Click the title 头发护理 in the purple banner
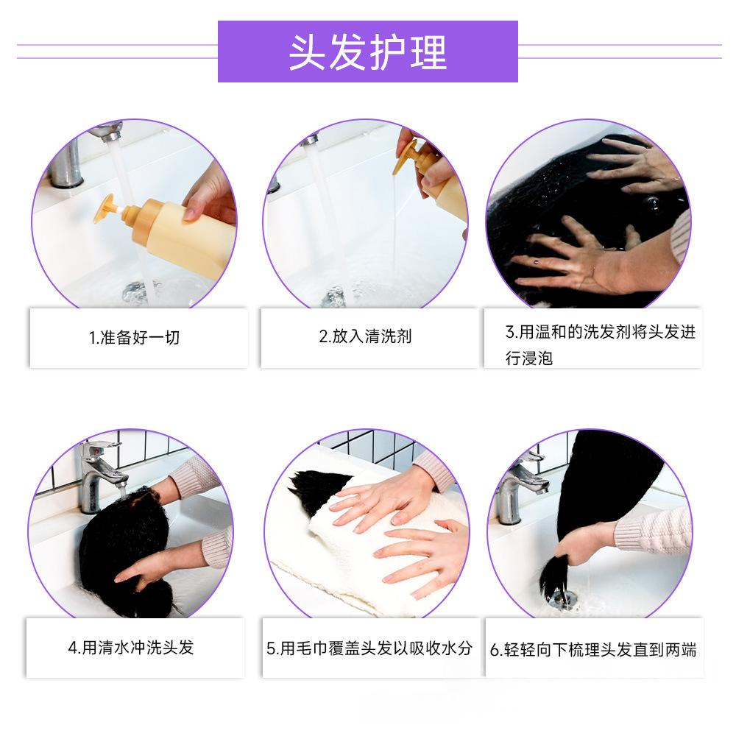tap(367, 52)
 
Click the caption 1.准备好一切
tap(134, 338)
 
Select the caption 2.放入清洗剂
tap(365, 336)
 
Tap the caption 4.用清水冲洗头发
tap(131, 648)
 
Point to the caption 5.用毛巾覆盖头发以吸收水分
tap(369, 648)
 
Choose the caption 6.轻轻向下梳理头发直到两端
tap(593, 650)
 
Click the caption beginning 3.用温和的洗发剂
tap(601, 345)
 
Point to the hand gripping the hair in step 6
tap(584, 545)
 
